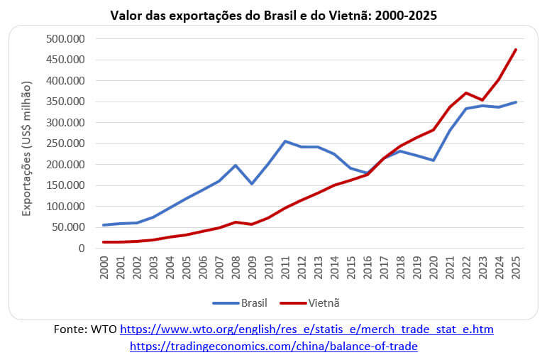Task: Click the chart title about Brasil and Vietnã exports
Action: tap(274, 14)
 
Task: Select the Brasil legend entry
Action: tap(241, 302)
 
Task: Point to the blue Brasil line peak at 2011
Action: tap(285, 141)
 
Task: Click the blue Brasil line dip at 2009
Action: tap(253, 184)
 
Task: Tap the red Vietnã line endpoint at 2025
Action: tap(516, 49)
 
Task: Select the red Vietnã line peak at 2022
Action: tap(466, 93)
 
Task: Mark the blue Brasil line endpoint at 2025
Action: tap(516, 102)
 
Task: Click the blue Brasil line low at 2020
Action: tap(433, 160)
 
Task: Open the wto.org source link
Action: tap(306, 329)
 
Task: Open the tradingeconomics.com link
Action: tap(274, 346)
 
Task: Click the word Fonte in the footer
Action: tap(70, 329)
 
